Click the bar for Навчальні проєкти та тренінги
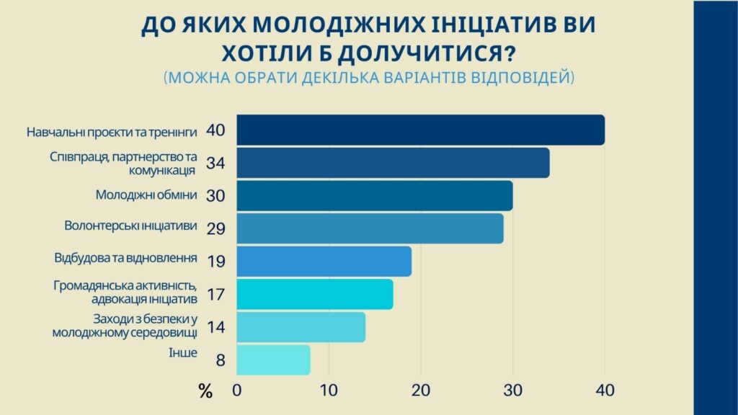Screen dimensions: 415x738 420,130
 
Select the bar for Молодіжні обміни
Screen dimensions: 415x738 375,196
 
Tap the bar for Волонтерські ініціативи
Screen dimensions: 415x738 370,228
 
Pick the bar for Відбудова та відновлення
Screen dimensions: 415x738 324,262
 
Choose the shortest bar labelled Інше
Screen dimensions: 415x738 273,360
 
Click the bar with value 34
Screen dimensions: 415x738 393,163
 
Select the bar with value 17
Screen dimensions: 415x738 315,294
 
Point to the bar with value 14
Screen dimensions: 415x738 301,327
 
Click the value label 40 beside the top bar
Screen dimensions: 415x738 215,130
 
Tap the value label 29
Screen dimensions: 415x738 215,228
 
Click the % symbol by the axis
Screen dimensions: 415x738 205,393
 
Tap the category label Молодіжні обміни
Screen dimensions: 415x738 146,195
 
